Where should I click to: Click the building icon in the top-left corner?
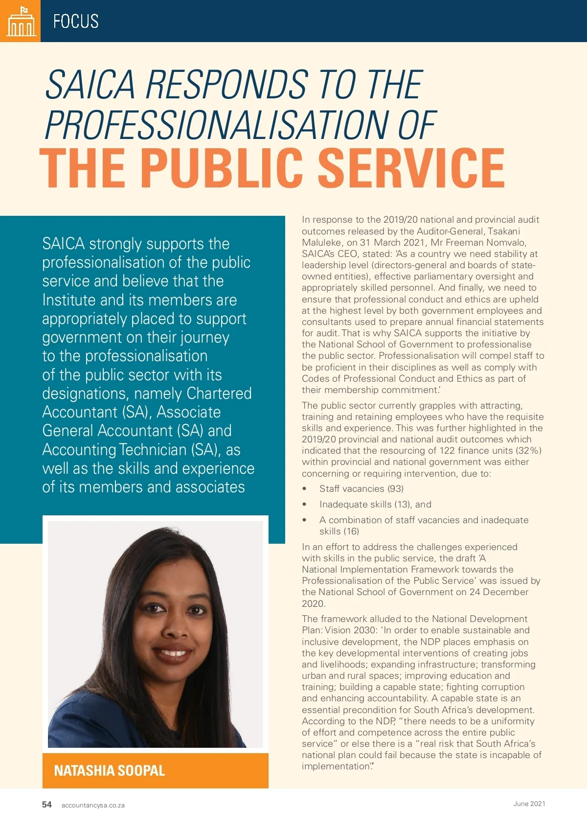pos(20,21)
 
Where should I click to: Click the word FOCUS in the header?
pos(76,22)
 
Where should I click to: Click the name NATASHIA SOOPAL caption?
pos(110,771)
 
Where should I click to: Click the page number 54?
pos(47,805)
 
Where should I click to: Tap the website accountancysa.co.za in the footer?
pos(93,806)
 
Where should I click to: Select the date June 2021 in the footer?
pos(529,804)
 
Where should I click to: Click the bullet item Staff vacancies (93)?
pos(361,489)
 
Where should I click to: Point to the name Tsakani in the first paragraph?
pos(504,231)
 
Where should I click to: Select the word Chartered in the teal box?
pos(219,393)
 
